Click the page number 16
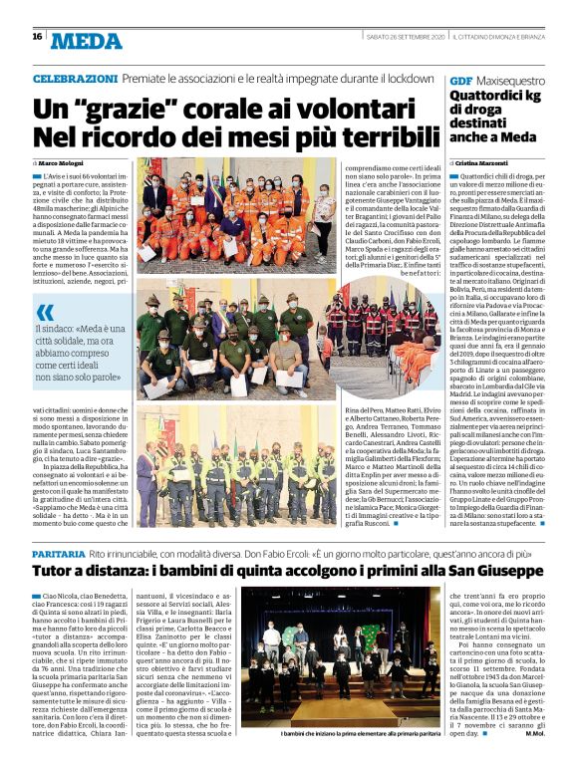[x=37, y=36]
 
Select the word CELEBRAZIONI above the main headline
[x=75, y=78]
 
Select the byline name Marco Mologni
[x=62, y=161]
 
